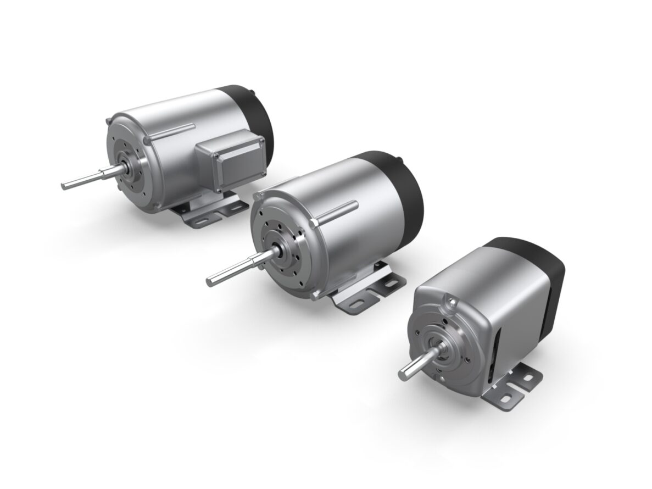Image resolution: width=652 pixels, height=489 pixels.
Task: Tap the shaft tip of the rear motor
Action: point(65,185)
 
